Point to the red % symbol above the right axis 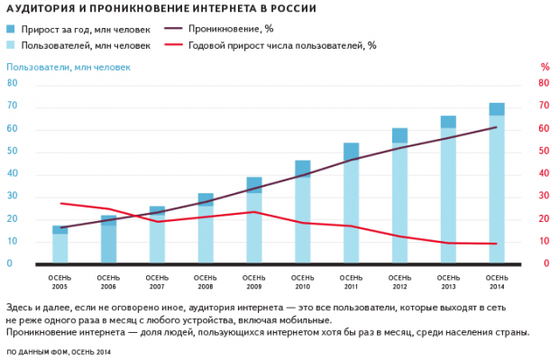[x=545, y=67]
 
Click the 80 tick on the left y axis [x=13, y=83]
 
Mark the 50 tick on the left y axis [x=13, y=152]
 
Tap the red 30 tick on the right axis [x=545, y=197]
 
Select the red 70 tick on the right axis [x=545, y=106]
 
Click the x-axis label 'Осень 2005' [x=60, y=280]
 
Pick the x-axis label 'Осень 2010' [x=303, y=280]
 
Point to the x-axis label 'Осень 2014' [x=497, y=280]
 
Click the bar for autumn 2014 [x=497, y=189]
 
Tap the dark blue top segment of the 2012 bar [x=399, y=135]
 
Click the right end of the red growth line [x=497, y=244]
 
